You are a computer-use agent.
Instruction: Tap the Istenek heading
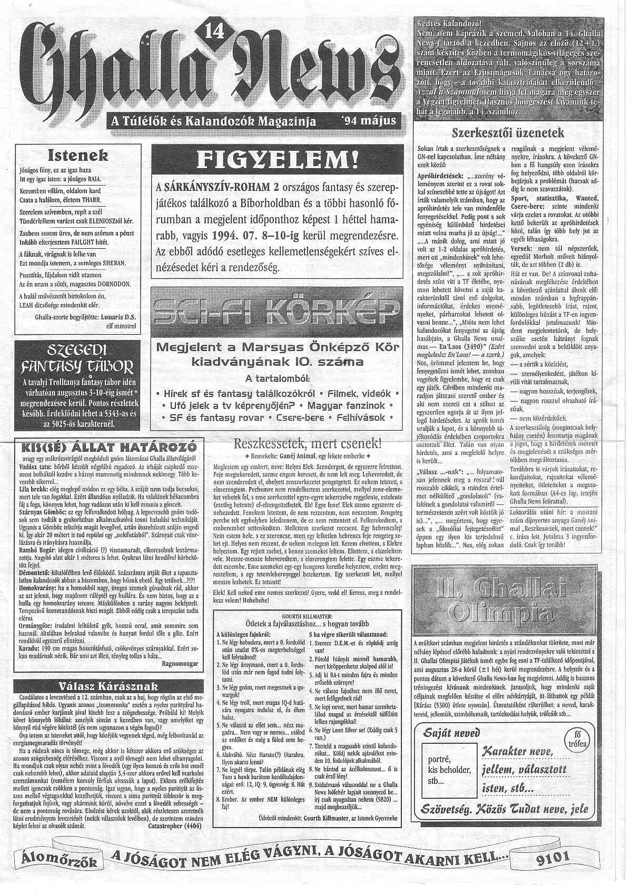coord(78,156)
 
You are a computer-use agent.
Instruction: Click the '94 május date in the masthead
coord(365,120)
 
